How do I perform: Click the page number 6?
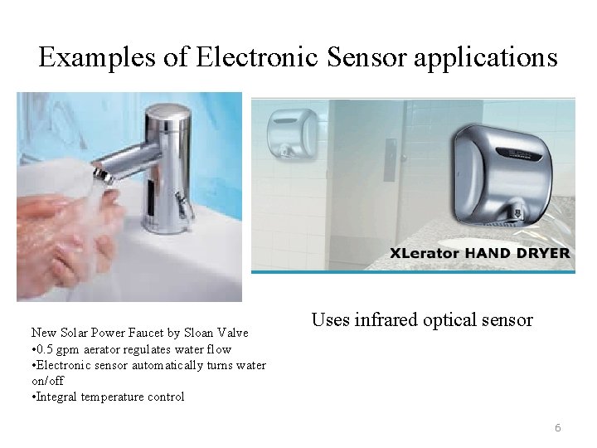[x=558, y=428]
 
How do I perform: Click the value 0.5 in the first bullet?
[x=48, y=349]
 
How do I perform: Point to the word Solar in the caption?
[x=76, y=333]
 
